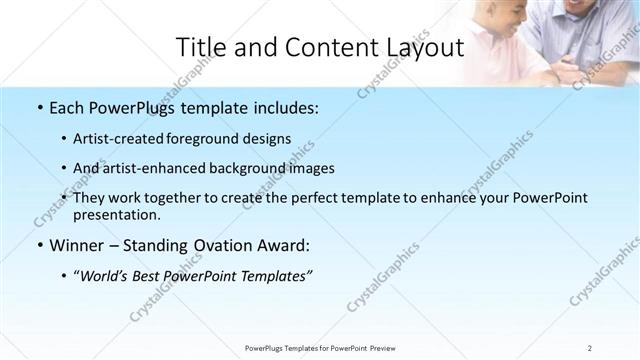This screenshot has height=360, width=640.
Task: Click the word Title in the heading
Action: (200, 48)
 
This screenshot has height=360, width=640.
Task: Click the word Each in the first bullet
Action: (68, 108)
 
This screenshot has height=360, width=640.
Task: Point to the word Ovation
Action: (225, 245)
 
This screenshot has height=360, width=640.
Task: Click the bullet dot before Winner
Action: (39, 245)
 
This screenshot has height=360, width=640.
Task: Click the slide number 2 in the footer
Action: (589, 347)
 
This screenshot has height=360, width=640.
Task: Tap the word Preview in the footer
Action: (389, 347)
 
